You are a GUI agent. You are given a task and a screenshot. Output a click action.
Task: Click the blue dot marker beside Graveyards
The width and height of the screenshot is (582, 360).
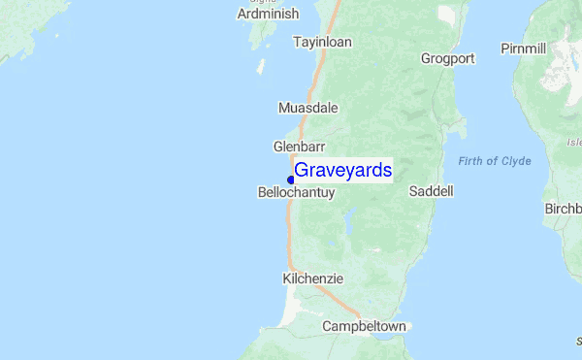pos(291,180)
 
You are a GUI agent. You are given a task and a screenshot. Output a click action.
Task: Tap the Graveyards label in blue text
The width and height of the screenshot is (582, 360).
pos(342,170)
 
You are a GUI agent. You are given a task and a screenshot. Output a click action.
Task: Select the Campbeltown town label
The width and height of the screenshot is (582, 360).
pos(364,327)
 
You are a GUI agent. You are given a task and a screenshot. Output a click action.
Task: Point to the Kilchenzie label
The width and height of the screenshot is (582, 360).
pos(312,278)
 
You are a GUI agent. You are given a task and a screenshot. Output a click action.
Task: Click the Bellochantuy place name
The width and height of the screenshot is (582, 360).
pos(296,193)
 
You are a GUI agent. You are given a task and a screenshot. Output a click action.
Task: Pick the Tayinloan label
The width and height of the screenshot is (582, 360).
pos(322,42)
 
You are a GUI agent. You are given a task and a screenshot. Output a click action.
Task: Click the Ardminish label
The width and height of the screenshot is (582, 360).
pos(268,15)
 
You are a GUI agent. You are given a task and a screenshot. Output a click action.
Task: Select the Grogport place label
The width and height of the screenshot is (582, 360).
pos(448,58)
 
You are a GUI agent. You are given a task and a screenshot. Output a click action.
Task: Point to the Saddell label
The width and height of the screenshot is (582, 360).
pos(432,192)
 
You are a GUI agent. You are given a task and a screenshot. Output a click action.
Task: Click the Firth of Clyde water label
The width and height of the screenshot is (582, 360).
pos(495,161)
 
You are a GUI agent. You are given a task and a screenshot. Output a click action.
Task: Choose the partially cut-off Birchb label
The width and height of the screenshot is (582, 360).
pos(563,209)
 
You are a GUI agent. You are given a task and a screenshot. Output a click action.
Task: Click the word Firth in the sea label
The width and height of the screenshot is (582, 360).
pos(471,161)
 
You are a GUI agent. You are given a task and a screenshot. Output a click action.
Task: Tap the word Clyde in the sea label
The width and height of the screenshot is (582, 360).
pos(515,161)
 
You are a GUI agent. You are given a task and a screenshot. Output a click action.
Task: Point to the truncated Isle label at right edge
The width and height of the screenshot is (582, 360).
pos(574,143)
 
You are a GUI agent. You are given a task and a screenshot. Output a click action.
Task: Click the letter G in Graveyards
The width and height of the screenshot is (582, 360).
pos(302,170)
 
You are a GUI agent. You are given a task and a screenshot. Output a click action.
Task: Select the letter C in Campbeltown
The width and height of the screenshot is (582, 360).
pos(328,327)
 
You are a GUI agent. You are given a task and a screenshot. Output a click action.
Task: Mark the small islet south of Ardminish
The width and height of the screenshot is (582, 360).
pos(260,68)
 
